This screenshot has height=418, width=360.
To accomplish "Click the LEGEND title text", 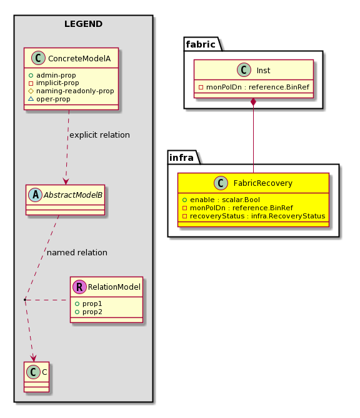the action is (83, 24).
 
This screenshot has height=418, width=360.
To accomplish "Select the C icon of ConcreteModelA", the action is (38, 58).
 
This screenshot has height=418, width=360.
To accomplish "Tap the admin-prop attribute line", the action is (52, 76).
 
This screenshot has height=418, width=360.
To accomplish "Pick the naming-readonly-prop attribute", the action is (71, 91).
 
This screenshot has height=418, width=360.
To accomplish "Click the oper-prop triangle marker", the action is (31, 99).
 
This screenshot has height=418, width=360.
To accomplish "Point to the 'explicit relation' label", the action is (99, 135).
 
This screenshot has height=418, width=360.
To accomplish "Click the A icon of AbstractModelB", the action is (35, 195).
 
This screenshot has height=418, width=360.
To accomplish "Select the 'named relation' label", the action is (77, 252).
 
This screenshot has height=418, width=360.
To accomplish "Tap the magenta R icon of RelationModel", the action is (79, 287).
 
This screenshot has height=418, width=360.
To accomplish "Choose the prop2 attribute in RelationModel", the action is (89, 312).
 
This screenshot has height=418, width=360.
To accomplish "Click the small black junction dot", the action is (25, 300).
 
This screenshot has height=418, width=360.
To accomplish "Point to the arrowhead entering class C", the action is (33, 358).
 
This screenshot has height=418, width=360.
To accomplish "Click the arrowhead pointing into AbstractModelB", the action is (66, 181).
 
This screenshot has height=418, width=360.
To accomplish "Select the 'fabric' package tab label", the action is (201, 44).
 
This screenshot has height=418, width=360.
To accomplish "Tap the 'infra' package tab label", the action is (181, 158).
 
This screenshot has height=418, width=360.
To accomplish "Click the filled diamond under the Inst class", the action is (254, 102).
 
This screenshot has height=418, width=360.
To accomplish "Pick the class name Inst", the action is (263, 70).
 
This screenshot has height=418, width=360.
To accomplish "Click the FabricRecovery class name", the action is (262, 183).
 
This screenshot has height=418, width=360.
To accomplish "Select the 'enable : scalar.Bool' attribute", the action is (221, 200).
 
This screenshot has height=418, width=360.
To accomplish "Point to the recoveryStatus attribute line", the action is (254, 216).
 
